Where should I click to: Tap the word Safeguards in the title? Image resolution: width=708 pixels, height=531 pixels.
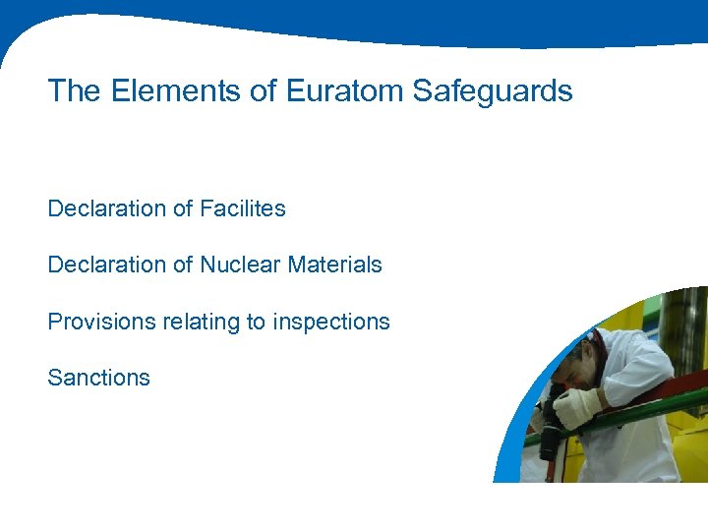[493, 91]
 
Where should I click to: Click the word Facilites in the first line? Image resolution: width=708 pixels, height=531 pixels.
[243, 208]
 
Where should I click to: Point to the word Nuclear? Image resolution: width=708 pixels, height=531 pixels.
[238, 265]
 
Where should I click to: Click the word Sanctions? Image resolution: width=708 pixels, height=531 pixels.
[98, 378]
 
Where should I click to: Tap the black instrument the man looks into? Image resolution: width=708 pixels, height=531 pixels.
[551, 433]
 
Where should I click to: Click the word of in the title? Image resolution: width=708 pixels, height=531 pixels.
[263, 91]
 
